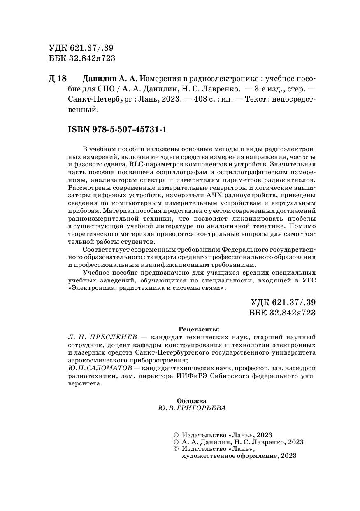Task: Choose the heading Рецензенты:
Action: tap(200, 329)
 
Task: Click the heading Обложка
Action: tap(191, 401)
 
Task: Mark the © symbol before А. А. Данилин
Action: tap(177, 442)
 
